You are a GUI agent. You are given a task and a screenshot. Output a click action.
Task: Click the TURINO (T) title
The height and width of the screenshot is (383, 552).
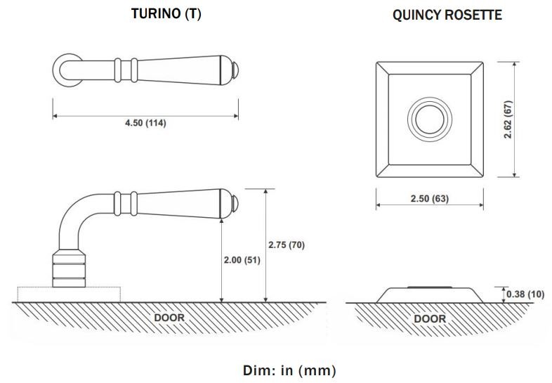[x=166, y=14]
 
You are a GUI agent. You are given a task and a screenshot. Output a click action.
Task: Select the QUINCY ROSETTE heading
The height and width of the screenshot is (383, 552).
[x=447, y=15]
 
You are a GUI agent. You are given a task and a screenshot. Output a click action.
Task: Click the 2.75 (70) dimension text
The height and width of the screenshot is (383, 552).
[x=286, y=245]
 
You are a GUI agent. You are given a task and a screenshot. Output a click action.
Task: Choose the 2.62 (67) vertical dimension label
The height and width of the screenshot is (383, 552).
[x=509, y=118]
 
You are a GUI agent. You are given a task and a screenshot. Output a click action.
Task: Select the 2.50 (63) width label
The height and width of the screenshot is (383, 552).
[x=429, y=199]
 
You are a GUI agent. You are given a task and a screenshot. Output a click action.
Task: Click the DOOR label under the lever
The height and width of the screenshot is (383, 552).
[x=169, y=318]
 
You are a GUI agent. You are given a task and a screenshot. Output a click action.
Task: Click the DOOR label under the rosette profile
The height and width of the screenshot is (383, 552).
[x=429, y=318]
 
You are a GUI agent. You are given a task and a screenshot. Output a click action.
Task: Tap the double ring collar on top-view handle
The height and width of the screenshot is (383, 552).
[x=129, y=70]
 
